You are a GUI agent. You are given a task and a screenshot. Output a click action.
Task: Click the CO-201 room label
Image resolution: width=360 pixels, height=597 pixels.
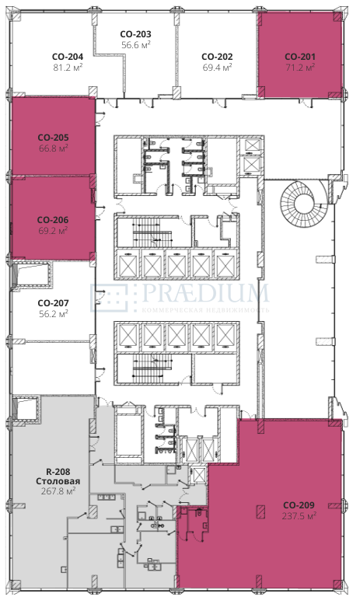coord(300,57)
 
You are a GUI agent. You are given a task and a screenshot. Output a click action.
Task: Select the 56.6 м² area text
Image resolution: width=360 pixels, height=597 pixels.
coord(136,45)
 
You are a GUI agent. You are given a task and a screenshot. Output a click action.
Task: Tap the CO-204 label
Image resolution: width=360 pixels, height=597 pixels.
coord(68,57)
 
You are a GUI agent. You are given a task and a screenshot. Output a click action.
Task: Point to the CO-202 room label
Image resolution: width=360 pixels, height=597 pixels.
coord(217,57)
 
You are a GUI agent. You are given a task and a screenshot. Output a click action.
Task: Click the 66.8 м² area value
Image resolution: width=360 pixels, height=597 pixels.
coord(54,148)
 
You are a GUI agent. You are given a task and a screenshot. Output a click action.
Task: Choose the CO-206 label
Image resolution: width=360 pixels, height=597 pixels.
coord(53,220)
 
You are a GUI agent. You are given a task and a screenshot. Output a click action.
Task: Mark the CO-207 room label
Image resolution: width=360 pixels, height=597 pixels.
coord(54,303)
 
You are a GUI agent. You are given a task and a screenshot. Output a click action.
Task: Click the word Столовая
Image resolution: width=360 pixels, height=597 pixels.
coord(58,481)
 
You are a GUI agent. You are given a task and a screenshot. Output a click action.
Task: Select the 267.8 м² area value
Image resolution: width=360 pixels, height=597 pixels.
coord(58,491)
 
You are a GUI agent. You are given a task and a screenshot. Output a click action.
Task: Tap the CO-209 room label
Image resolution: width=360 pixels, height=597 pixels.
coord(299,505)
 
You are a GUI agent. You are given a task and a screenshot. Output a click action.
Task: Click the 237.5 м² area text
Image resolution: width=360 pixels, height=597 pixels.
coord(299,516)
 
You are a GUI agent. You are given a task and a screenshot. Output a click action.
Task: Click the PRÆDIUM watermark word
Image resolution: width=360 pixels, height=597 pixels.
coord(206,293)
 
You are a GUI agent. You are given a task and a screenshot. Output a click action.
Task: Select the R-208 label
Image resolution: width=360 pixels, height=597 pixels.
coord(58,472)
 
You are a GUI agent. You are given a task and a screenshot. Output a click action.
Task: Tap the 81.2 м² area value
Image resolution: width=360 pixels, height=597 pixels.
coord(68,68)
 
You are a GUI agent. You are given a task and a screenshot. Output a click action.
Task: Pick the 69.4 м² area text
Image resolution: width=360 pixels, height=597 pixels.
coord(217,68)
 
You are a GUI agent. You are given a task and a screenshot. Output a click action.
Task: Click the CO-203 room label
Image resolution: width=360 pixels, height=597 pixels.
coord(135,34)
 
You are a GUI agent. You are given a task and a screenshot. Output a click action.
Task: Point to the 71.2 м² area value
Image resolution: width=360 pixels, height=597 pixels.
coord(300,68)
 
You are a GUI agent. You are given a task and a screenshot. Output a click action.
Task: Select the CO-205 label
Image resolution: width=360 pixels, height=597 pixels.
coord(54,138)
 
